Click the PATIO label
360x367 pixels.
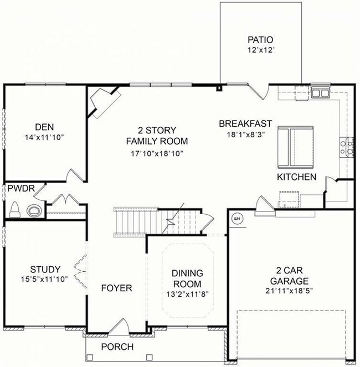pos(260,40)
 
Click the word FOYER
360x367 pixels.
pos(116,288)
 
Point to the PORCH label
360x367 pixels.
pos(117,347)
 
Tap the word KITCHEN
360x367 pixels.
pos(297,177)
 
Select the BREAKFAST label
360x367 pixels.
pos(245,123)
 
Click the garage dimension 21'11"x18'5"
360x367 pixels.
pos(289,290)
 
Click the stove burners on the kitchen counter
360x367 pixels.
pos(349,147)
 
